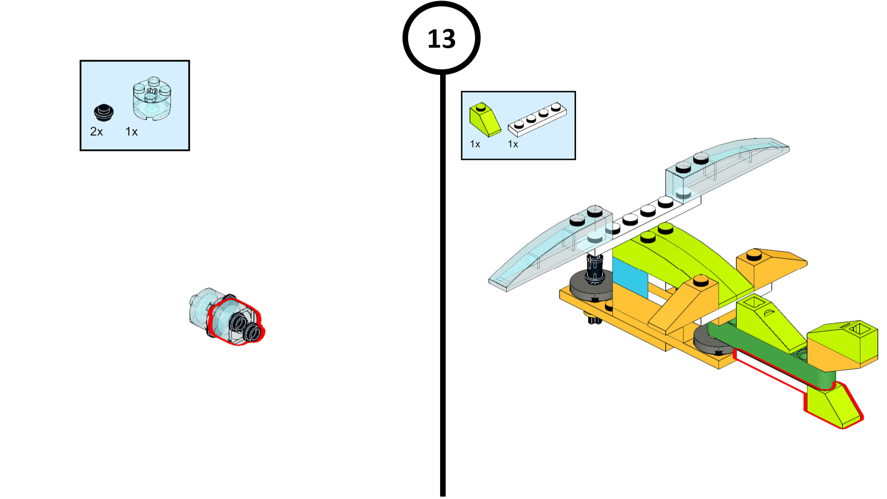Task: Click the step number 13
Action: (441, 39)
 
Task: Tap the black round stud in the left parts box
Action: (104, 113)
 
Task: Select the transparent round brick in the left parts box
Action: (152, 99)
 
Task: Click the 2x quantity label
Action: (96, 131)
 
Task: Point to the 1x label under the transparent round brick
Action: (131, 131)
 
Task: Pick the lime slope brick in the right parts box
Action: (485, 120)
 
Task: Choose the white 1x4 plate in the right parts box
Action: (537, 119)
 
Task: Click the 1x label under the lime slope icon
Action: (475, 144)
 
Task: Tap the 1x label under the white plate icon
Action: (513, 144)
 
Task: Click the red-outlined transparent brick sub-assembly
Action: (236, 322)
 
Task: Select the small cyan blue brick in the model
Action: (630, 278)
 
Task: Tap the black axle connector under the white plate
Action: (594, 268)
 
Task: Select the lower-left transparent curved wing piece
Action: (550, 249)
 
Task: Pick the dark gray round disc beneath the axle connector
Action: (591, 287)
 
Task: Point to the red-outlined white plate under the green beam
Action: (770, 371)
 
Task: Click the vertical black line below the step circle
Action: (443, 285)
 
